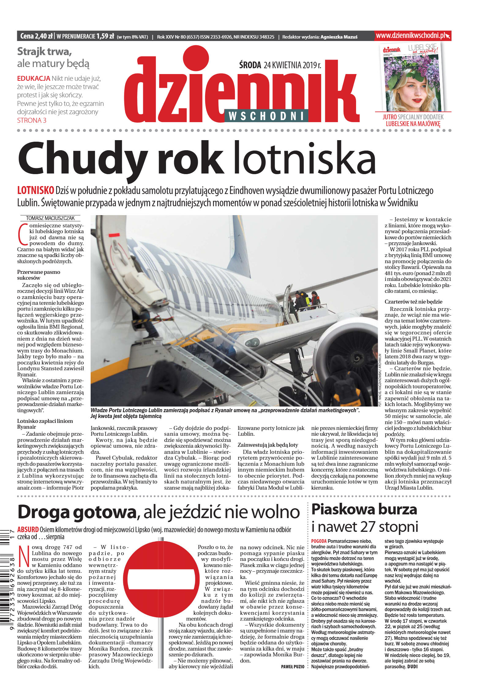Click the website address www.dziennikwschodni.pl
(x=411, y=35)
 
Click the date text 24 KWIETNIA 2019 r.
(x=292, y=65)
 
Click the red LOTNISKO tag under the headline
(x=36, y=190)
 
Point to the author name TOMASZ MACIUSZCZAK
(x=50, y=218)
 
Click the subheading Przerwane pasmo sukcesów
(x=39, y=275)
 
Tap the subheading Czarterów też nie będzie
(x=413, y=301)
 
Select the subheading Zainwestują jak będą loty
(x=268, y=445)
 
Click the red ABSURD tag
(x=28, y=529)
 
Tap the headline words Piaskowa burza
(x=364, y=510)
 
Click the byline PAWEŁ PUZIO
(x=292, y=666)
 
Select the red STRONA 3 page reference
(x=32, y=120)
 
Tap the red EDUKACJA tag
(x=33, y=78)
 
